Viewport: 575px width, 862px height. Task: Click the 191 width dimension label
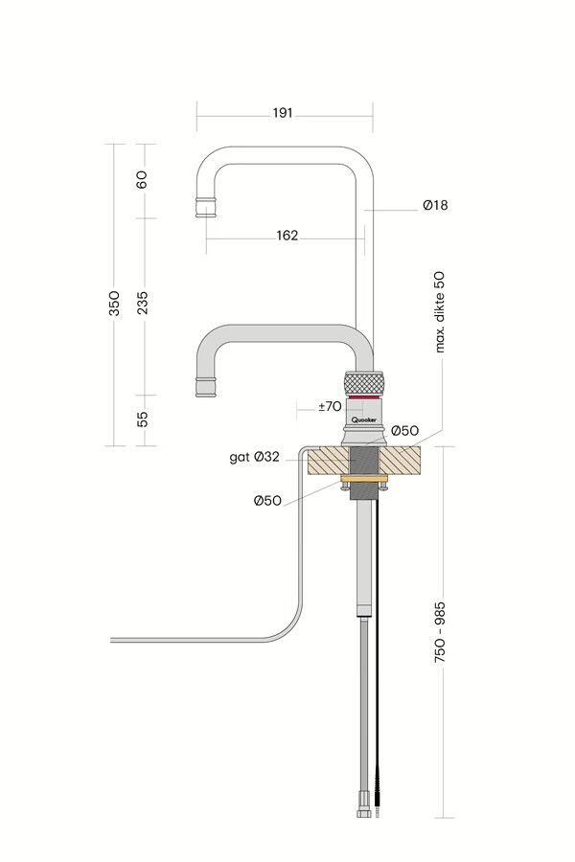click(282, 113)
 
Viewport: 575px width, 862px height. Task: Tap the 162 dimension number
click(286, 236)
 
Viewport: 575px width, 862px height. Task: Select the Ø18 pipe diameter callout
click(434, 205)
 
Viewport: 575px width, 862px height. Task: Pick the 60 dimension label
click(143, 179)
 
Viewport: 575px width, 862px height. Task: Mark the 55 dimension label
click(143, 420)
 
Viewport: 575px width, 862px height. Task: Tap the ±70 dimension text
click(330, 406)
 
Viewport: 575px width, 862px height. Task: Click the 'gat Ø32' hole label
click(254, 458)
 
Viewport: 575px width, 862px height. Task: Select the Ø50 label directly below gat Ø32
click(267, 500)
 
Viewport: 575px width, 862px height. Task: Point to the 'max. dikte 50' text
click(441, 312)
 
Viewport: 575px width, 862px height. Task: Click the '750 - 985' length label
click(441, 633)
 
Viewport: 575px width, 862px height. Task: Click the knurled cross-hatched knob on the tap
click(364, 382)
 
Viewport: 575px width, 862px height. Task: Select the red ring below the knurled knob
click(364, 398)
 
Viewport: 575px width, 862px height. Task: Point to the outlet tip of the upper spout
click(206, 207)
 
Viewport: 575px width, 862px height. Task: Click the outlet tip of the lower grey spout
click(206, 386)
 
